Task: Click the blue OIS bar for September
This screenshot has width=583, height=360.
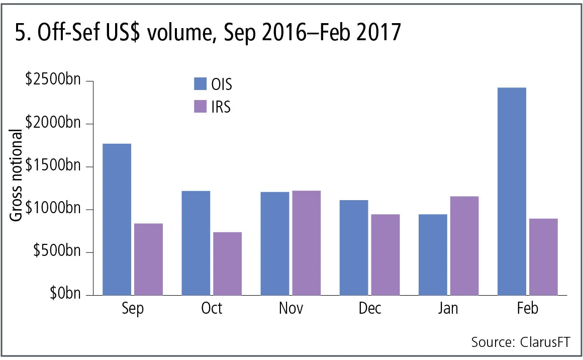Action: pos(117,219)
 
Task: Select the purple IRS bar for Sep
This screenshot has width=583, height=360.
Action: pos(148,259)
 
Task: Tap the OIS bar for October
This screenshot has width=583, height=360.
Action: pos(196,243)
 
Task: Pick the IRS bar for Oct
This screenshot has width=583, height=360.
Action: pos(227,263)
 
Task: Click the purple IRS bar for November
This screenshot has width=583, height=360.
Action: pos(306,243)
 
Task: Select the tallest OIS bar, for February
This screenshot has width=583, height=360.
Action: pos(512,191)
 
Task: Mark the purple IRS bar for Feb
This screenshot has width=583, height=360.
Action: pos(543,256)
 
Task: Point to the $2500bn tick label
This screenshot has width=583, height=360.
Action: pos(53,80)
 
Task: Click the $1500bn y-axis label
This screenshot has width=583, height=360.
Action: pos(53,166)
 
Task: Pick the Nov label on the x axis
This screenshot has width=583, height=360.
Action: pos(291,308)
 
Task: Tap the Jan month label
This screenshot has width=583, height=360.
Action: pos(448,308)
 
